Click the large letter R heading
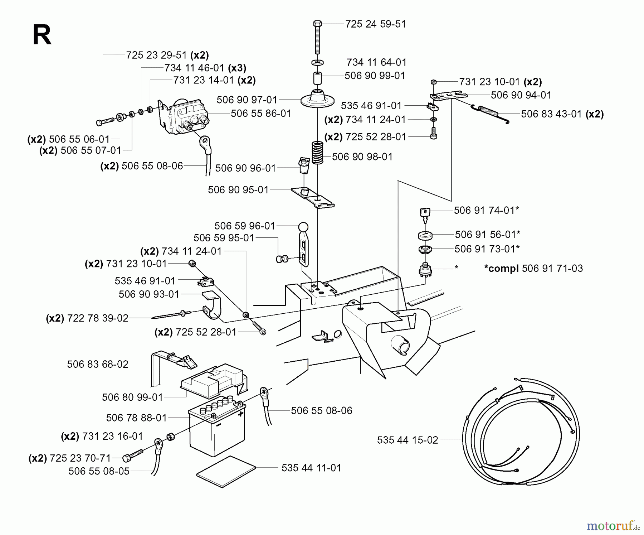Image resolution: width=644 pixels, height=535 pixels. [x=42, y=35]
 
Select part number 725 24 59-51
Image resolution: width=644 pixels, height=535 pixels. [x=375, y=24]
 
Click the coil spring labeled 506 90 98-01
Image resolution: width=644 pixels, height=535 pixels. [x=317, y=153]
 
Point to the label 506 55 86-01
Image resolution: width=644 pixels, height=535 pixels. [x=261, y=114]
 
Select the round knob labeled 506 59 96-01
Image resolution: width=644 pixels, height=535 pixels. [x=303, y=227]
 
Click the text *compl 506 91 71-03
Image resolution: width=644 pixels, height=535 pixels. [x=533, y=268]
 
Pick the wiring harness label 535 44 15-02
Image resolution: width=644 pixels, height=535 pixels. [x=408, y=440]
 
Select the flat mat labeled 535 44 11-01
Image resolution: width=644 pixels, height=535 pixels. [x=226, y=471]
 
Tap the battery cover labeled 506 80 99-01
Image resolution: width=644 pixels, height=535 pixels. [x=213, y=380]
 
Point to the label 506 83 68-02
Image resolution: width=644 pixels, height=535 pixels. [x=97, y=364]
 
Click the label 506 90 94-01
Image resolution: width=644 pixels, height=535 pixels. [x=521, y=95]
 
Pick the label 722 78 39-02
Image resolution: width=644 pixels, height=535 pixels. [x=97, y=318]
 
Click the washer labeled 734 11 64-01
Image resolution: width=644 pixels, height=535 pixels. [x=317, y=63]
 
